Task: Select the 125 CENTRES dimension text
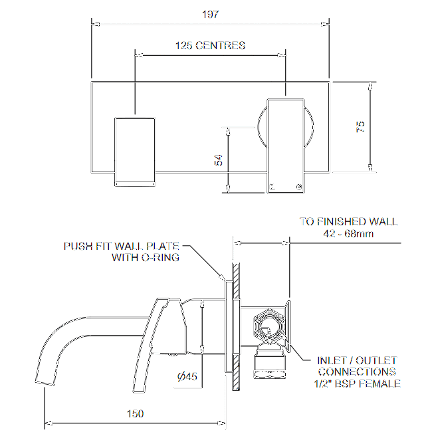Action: [210, 46]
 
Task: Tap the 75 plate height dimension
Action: [360, 127]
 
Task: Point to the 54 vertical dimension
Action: [219, 160]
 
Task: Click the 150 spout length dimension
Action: [135, 413]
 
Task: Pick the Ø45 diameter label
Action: [187, 377]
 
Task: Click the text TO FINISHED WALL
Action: [348, 221]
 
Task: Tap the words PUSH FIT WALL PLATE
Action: [121, 246]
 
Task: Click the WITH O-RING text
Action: [145, 258]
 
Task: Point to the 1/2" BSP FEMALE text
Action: [357, 383]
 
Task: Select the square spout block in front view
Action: [135, 151]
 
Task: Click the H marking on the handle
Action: [271, 187]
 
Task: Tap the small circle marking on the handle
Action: [300, 187]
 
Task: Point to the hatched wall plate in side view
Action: [235, 326]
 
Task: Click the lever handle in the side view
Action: [158, 346]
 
